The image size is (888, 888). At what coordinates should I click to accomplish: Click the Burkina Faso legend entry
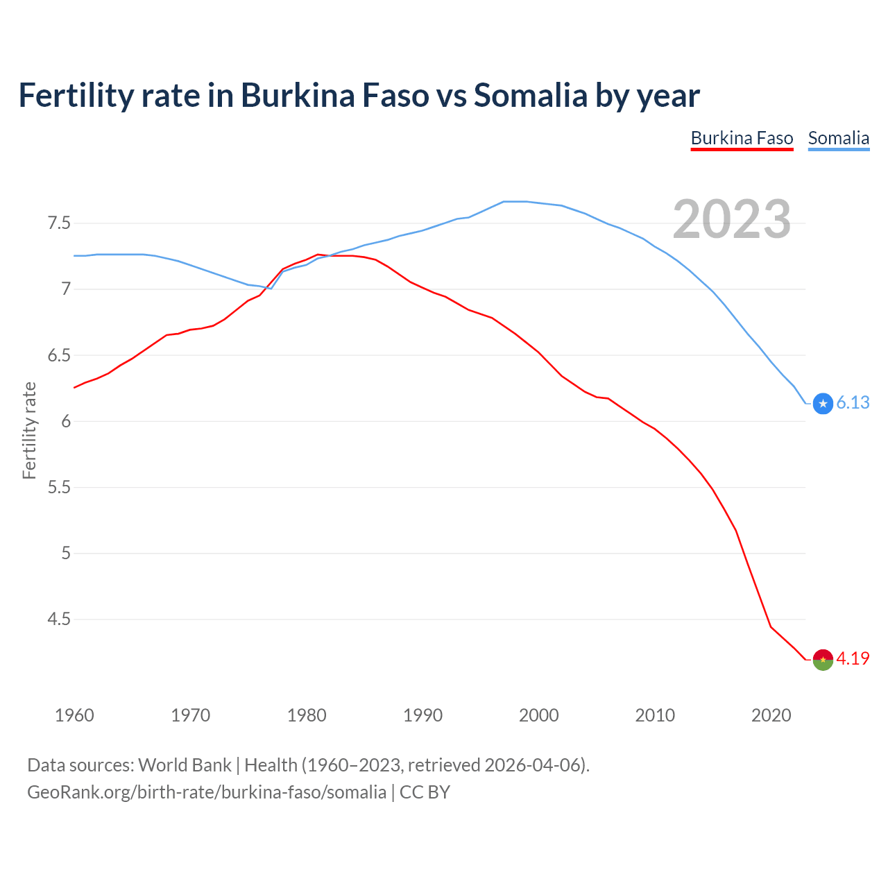click(742, 138)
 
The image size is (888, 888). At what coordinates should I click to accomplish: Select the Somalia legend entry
click(838, 138)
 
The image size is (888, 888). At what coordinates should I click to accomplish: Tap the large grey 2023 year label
click(732, 219)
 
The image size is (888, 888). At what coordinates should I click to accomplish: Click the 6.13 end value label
click(853, 403)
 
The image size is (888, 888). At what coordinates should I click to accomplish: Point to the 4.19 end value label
click(853, 658)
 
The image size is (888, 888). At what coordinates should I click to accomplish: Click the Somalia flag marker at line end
click(823, 403)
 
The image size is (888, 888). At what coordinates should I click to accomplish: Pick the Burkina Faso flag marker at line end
click(823, 659)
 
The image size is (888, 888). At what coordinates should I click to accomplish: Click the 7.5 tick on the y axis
click(59, 223)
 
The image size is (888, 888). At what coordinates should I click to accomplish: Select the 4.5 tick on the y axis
click(59, 619)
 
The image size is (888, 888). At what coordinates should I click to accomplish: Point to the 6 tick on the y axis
click(66, 421)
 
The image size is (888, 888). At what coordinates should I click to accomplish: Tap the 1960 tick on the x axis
click(74, 715)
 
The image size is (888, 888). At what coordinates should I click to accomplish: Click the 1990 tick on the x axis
click(422, 715)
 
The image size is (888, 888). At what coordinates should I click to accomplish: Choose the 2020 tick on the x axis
click(771, 715)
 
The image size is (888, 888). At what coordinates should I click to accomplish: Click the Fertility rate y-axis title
click(29, 430)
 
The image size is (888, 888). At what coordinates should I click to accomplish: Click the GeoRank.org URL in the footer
click(207, 792)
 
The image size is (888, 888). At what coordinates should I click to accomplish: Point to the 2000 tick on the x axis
click(538, 715)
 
